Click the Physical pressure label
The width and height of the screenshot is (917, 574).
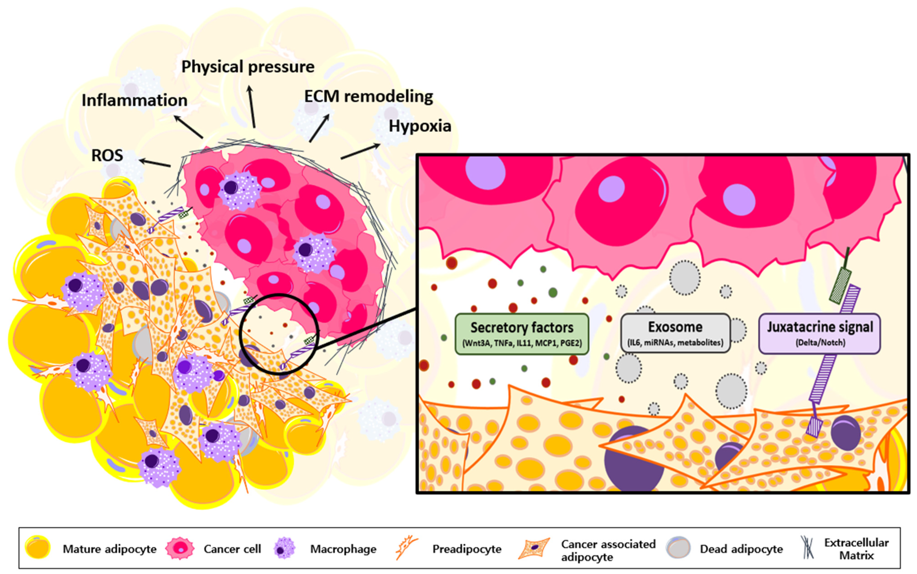248,67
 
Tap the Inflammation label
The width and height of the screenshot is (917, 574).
135,100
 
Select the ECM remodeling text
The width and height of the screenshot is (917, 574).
368,96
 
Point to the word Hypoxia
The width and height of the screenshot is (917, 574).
420,126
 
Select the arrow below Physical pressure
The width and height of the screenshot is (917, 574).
252,106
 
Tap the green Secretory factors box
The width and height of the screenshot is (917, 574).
522,334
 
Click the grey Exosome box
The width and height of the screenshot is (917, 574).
675,333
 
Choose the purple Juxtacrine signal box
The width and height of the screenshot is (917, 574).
819,333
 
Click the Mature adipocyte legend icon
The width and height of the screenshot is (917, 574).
38,548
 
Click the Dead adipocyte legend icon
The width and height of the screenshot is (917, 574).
678,548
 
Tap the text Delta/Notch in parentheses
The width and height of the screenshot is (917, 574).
820,342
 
